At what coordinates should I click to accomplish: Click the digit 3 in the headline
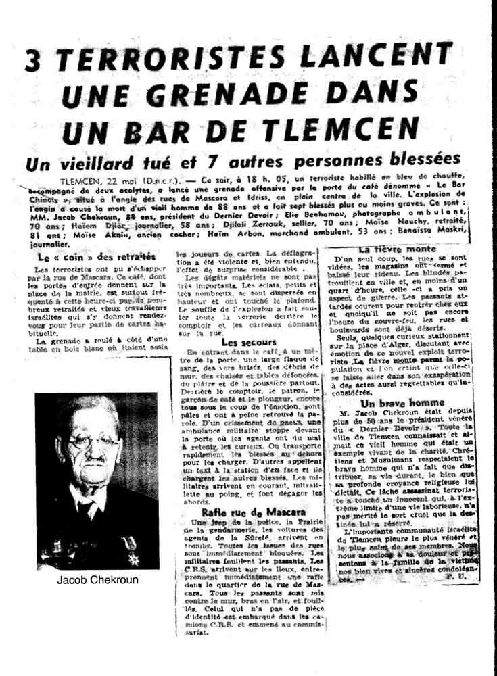(33, 60)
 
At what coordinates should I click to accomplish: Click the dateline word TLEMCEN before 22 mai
(80, 182)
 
